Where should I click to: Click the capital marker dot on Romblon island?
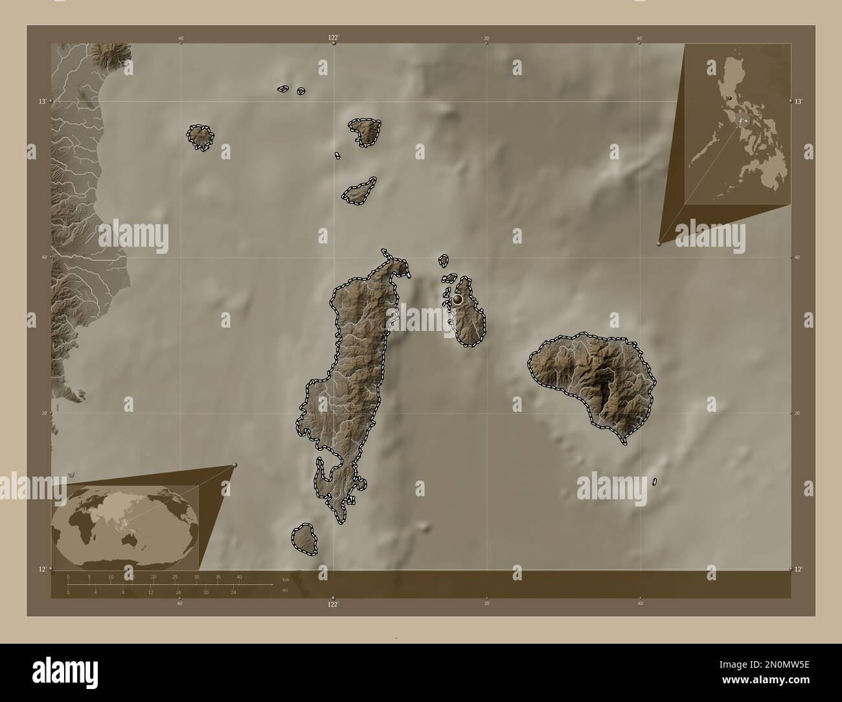[x=458, y=299]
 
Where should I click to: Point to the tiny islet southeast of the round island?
[x=655, y=481]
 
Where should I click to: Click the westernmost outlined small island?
[x=199, y=137]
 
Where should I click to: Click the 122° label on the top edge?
[x=333, y=38]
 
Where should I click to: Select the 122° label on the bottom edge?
[x=332, y=604]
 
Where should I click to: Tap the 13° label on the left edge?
[x=41, y=102]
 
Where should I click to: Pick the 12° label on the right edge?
[x=799, y=569]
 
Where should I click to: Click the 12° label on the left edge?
[x=41, y=569]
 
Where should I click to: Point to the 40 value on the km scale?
[x=239, y=576]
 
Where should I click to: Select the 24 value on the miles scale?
[x=234, y=592]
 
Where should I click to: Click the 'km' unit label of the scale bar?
[x=285, y=579]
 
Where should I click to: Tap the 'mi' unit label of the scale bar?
[x=285, y=590]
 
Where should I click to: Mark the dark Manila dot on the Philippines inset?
[x=730, y=98]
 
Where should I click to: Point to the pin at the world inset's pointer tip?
[x=234, y=464]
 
